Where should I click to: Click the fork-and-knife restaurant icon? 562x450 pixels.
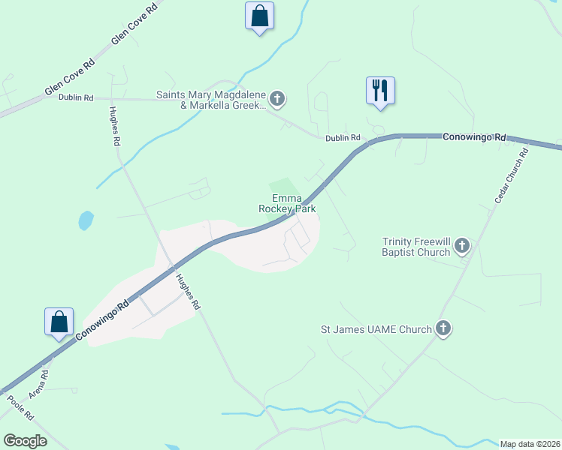point(380,90)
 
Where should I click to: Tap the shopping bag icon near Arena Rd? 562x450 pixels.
point(59,322)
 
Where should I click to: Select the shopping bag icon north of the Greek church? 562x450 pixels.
point(259,15)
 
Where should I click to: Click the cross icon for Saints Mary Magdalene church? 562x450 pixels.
point(276,97)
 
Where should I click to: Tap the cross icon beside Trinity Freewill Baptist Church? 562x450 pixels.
point(461,246)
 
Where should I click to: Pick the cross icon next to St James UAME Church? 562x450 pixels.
point(443,328)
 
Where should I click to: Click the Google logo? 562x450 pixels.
point(26,440)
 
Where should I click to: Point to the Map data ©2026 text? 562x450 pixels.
point(530,444)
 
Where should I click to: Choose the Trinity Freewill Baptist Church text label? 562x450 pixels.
point(415,247)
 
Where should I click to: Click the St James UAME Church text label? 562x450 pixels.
point(376,329)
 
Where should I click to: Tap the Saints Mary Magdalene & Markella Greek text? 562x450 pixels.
point(210,100)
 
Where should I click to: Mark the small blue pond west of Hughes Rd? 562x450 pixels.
point(86,220)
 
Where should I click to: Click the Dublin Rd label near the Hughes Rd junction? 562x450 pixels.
point(78,97)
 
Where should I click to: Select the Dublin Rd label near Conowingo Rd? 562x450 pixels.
point(343,138)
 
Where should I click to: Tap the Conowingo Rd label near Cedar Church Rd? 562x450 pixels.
point(475,137)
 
